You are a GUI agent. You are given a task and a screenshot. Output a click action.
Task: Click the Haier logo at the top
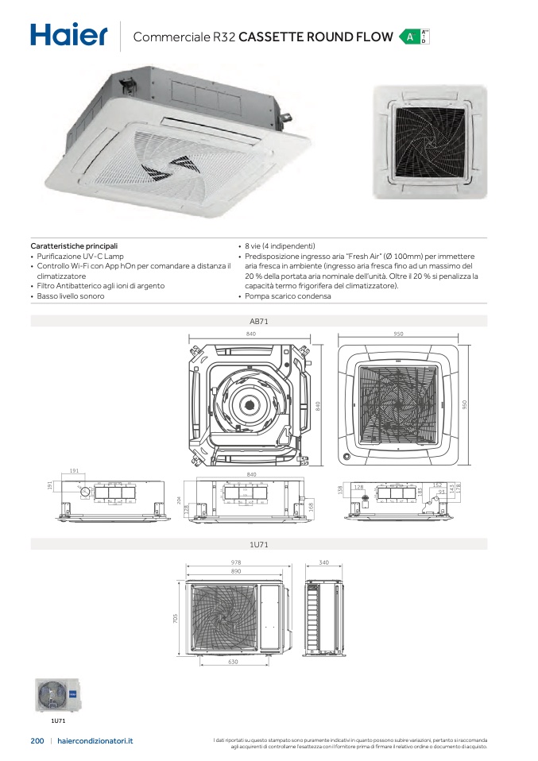coord(68,35)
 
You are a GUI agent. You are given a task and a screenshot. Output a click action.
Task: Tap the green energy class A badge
coord(409,37)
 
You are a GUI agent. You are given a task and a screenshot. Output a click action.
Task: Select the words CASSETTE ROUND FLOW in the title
coord(315,37)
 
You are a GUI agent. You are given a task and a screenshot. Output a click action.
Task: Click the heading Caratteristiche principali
coord(74,246)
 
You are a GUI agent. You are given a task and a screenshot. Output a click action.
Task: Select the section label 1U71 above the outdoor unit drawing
coord(257,544)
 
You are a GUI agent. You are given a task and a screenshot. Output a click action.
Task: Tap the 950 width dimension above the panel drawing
coord(398,334)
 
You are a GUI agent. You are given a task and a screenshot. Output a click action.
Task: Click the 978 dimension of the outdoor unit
coord(236,562)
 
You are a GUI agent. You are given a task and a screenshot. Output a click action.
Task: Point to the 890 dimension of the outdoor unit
coord(236,571)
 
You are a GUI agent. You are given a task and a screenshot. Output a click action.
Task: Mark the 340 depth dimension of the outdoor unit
coord(323,562)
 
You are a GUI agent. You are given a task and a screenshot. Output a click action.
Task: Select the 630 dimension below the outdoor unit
coord(233,661)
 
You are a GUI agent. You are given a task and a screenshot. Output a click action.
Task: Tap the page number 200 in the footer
coord(37,740)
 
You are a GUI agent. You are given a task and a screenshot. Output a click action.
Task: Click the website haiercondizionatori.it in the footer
coord(96,740)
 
